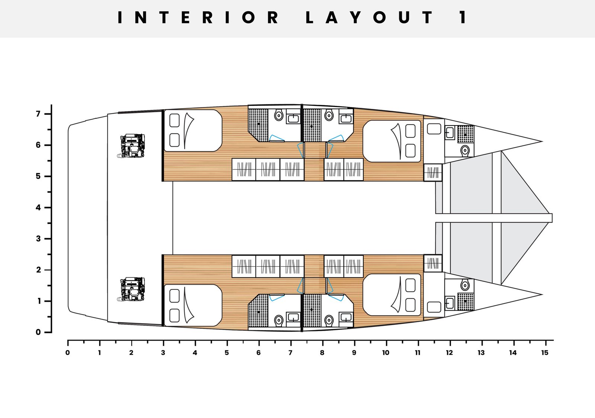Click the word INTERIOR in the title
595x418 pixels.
pos(198,17)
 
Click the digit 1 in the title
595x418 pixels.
pos(463,17)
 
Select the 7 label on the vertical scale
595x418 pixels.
pos(38,114)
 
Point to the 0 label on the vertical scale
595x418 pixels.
pos(38,332)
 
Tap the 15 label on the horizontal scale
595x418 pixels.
pos(544,353)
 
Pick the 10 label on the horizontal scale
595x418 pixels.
pos(386,353)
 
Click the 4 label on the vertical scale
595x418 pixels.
pos(38,208)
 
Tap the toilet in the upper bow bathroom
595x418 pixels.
pos(465,150)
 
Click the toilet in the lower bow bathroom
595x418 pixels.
pos(465,286)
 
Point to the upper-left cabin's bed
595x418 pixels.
pos(193,130)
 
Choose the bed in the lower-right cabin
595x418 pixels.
pos(392,295)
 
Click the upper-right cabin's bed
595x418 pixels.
pos(392,141)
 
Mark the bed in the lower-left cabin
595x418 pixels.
pos(193,305)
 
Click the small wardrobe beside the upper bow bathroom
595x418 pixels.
pos(433,172)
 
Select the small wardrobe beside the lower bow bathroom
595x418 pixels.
pos(433,263)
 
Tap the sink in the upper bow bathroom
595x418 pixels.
pos(450,133)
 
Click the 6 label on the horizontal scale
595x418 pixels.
pos(258,353)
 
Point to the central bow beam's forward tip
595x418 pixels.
pos(552,218)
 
